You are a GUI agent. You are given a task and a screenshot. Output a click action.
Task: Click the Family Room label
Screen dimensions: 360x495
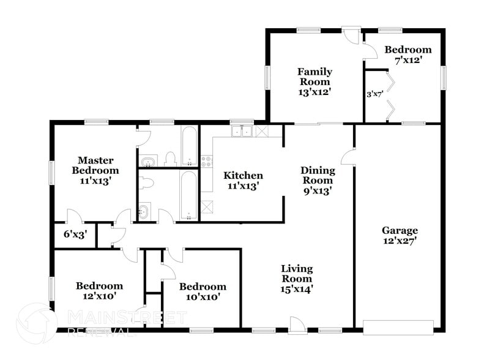pos(314,81)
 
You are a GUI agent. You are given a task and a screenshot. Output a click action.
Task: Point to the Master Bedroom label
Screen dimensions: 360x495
pos(95,165)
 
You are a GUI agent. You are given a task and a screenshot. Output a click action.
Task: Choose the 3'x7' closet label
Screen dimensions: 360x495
pos(374,94)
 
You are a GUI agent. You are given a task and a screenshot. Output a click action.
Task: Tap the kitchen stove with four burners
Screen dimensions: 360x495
pos(206,162)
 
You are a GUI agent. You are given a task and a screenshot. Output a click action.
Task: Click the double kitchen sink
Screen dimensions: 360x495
pos(242,130)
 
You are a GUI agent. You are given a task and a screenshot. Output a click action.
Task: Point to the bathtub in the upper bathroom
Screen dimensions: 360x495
pos(189,146)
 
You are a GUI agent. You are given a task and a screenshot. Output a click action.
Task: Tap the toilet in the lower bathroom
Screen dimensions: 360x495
pos(147,182)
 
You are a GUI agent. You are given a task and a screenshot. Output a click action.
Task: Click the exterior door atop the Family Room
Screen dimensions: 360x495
pos(351,34)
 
